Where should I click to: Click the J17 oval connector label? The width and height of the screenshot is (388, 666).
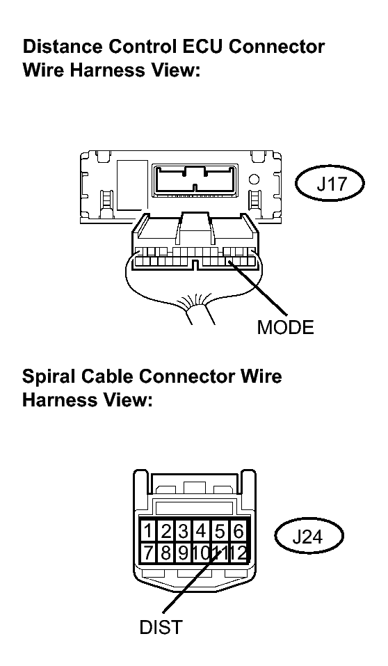(330, 184)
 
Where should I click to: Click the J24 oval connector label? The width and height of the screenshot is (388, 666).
(309, 537)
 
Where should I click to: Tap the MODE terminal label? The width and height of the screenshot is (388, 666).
(285, 327)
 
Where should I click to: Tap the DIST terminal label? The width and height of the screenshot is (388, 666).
(161, 627)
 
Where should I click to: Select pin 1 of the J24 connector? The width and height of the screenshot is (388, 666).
(147, 531)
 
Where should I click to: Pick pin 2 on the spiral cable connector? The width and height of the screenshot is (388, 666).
(166, 531)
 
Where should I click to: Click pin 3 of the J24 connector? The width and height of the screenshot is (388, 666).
(184, 531)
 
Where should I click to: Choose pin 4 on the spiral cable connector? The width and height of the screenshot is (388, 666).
(201, 531)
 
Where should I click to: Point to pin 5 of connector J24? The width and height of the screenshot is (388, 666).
(219, 531)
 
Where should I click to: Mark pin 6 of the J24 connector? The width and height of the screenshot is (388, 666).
(238, 531)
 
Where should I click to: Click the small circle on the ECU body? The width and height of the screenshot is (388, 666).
(254, 180)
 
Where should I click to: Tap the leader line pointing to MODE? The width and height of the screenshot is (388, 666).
(258, 288)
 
